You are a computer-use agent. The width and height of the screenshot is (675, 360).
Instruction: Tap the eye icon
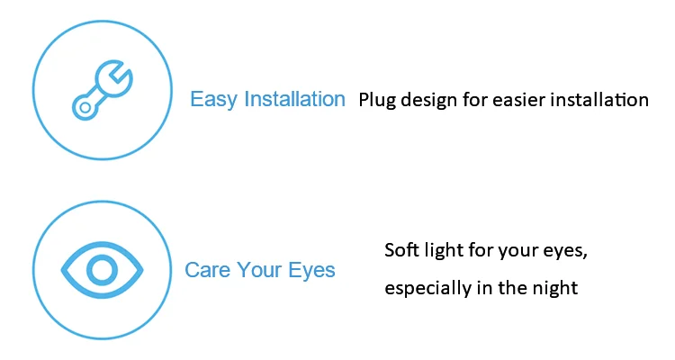coord(102,270)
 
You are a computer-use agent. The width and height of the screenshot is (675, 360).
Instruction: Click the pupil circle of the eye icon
coord(102,270)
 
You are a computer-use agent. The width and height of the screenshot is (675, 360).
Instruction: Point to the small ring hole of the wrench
coord(85,107)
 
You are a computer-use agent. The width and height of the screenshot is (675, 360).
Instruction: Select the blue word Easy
coord(213,100)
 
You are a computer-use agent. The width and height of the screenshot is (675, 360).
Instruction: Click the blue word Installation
coord(295,99)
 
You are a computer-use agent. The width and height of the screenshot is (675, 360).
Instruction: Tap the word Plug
coord(377,101)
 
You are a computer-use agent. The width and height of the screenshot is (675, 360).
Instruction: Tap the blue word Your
coord(258,270)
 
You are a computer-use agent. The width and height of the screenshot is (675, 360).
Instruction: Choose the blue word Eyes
coord(311,271)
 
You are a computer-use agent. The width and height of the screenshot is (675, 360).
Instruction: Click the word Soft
coord(401,250)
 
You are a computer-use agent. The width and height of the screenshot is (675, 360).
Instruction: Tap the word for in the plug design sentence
coord(475,100)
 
